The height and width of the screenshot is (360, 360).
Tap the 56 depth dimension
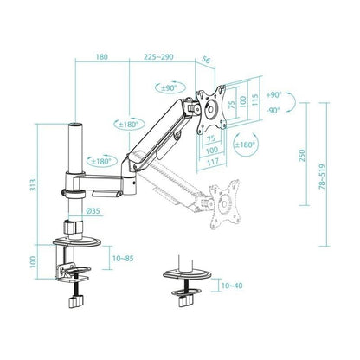(x=206, y=60)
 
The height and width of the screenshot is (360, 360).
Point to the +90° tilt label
(x=274, y=95)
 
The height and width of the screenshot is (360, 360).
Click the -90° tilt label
(x=274, y=110)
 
